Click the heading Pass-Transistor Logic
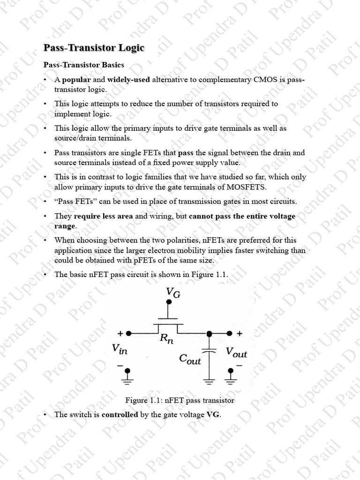(94, 48)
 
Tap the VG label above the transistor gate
(173, 293)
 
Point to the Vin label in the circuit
(120, 349)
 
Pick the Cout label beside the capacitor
(190, 359)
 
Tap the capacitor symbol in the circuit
(210, 352)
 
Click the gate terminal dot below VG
(169, 303)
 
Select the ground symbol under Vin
(127, 374)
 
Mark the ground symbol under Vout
(231, 374)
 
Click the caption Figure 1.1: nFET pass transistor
(180, 400)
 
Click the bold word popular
(76, 80)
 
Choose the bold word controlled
(120, 414)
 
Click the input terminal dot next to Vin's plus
(128, 333)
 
